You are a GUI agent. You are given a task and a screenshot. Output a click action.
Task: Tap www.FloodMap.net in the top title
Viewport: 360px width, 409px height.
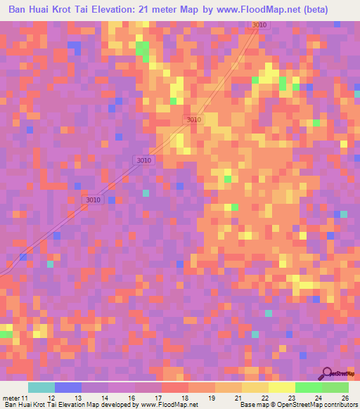tap(256, 10)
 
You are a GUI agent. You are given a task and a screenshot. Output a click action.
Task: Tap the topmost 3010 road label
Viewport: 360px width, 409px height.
tap(259, 25)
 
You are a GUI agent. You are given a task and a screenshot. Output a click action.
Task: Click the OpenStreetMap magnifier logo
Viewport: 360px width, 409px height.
tap(328, 374)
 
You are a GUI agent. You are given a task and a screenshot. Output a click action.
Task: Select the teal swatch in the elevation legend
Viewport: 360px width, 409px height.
tap(41, 387)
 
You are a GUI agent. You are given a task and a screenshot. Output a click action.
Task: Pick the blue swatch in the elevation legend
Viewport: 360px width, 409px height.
tap(68, 387)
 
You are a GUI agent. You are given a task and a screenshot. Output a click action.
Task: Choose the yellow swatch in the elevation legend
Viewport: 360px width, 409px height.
tap(281, 387)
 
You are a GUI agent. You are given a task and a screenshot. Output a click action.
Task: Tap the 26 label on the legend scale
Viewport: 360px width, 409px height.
tap(345, 398)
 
